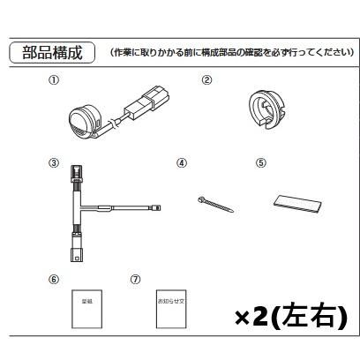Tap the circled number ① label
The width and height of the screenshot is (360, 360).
pyautogui.click(x=54, y=79)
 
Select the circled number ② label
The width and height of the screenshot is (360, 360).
pyautogui.click(x=207, y=79)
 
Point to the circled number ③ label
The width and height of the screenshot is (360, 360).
pyautogui.click(x=54, y=163)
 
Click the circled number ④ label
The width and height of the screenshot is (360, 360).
pyautogui.click(x=182, y=163)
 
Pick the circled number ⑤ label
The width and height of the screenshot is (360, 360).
pyautogui.click(x=261, y=163)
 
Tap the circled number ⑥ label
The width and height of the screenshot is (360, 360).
pyautogui.click(x=54, y=278)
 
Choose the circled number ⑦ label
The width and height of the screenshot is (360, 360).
pyautogui.click(x=134, y=278)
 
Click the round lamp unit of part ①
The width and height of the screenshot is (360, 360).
pyautogui.click(x=86, y=121)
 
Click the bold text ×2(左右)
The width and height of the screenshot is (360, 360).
pyautogui.click(x=291, y=315)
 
